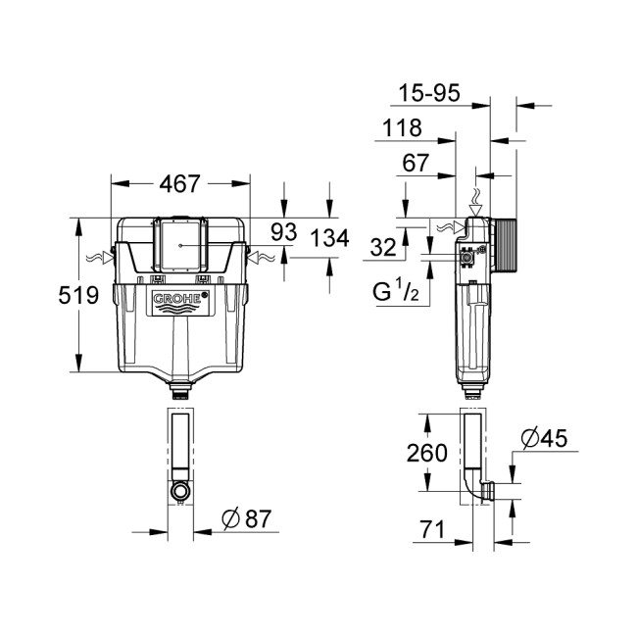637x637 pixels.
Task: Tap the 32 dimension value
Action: (383, 249)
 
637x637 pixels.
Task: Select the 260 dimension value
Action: (427, 453)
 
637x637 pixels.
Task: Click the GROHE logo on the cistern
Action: (179, 300)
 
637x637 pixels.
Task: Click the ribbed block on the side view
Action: (503, 245)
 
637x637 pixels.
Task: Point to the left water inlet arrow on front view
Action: (99, 258)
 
